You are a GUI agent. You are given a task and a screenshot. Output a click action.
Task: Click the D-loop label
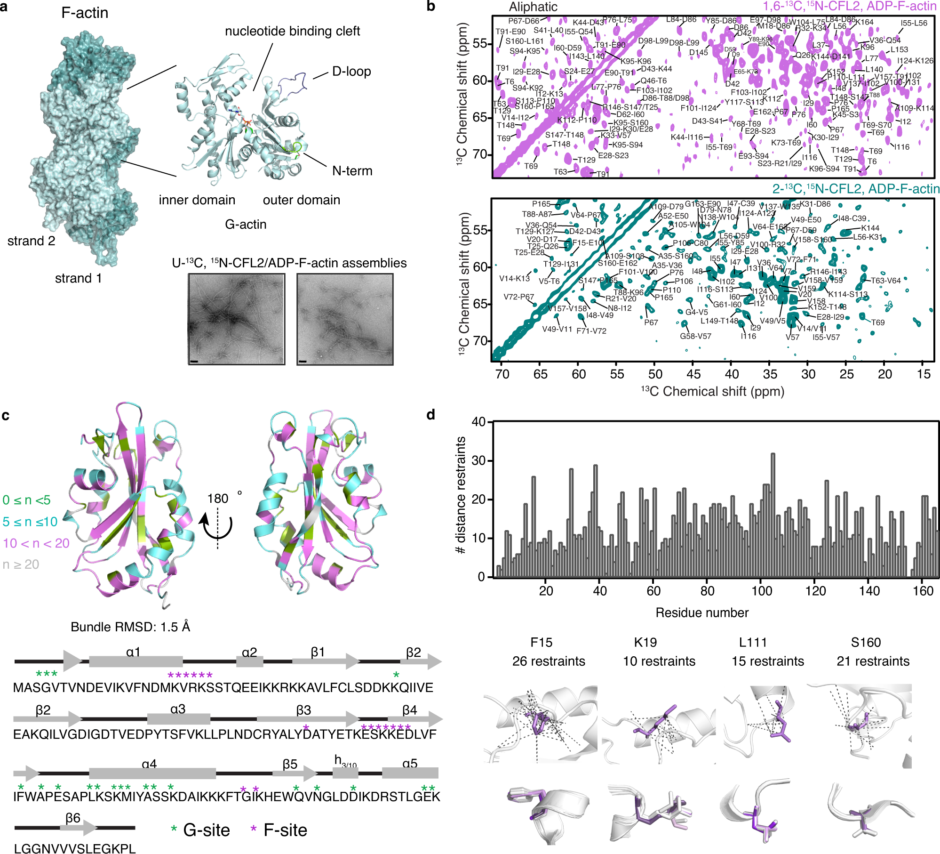point(351,72)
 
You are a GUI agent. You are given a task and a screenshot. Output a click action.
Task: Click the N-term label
point(352,171)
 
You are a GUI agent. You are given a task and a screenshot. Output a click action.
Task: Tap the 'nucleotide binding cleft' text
point(292,32)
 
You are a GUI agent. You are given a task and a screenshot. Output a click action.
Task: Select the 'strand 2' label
point(31,241)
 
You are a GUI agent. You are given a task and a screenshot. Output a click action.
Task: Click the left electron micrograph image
point(237,319)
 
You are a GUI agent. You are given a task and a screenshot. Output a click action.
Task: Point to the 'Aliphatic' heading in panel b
point(533,7)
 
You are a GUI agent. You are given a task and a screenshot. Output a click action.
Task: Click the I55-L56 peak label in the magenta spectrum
point(914,23)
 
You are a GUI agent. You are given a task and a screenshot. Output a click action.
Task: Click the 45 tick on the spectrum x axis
point(693,374)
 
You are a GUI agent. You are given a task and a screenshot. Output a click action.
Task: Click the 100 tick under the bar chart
point(762,591)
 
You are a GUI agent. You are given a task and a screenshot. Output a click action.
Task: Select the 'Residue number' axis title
point(702,612)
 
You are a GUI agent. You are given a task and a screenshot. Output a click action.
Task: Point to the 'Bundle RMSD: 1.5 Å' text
point(130,627)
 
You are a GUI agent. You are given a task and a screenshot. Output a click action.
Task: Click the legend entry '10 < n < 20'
point(36,543)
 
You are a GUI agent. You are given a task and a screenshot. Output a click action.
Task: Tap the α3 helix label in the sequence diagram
point(178,709)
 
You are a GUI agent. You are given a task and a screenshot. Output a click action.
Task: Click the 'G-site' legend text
point(206,830)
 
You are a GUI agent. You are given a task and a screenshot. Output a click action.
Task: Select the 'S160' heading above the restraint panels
point(866,643)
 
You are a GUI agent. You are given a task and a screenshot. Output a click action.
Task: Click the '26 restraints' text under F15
point(549,661)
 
